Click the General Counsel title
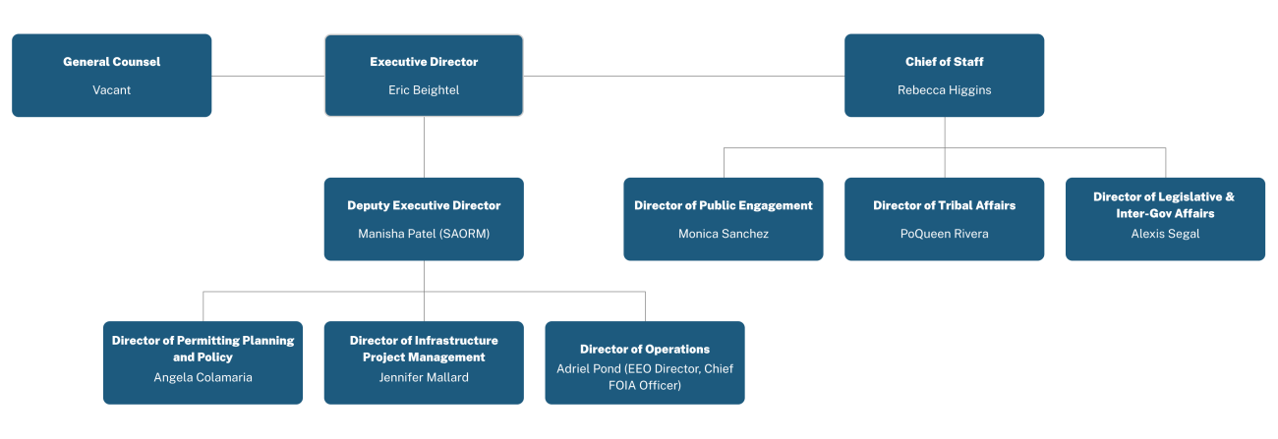point(111,62)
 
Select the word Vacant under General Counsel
point(111,90)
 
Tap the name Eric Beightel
point(424,90)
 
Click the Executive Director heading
point(424,62)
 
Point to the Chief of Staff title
point(944,62)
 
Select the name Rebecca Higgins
point(944,90)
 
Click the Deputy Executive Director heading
point(424,205)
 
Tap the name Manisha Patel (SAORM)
point(424,234)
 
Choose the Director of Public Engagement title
point(723,205)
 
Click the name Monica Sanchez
point(723,234)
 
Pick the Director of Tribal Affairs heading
point(944,205)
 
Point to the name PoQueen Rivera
point(944,234)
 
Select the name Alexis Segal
point(1165,234)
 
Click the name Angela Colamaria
point(203,377)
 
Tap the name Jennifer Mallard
point(424,377)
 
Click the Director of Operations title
point(644,349)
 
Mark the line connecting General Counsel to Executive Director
point(267,76)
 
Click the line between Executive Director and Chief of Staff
point(683,76)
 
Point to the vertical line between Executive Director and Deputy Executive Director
point(424,147)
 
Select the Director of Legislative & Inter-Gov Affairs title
point(1165,204)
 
